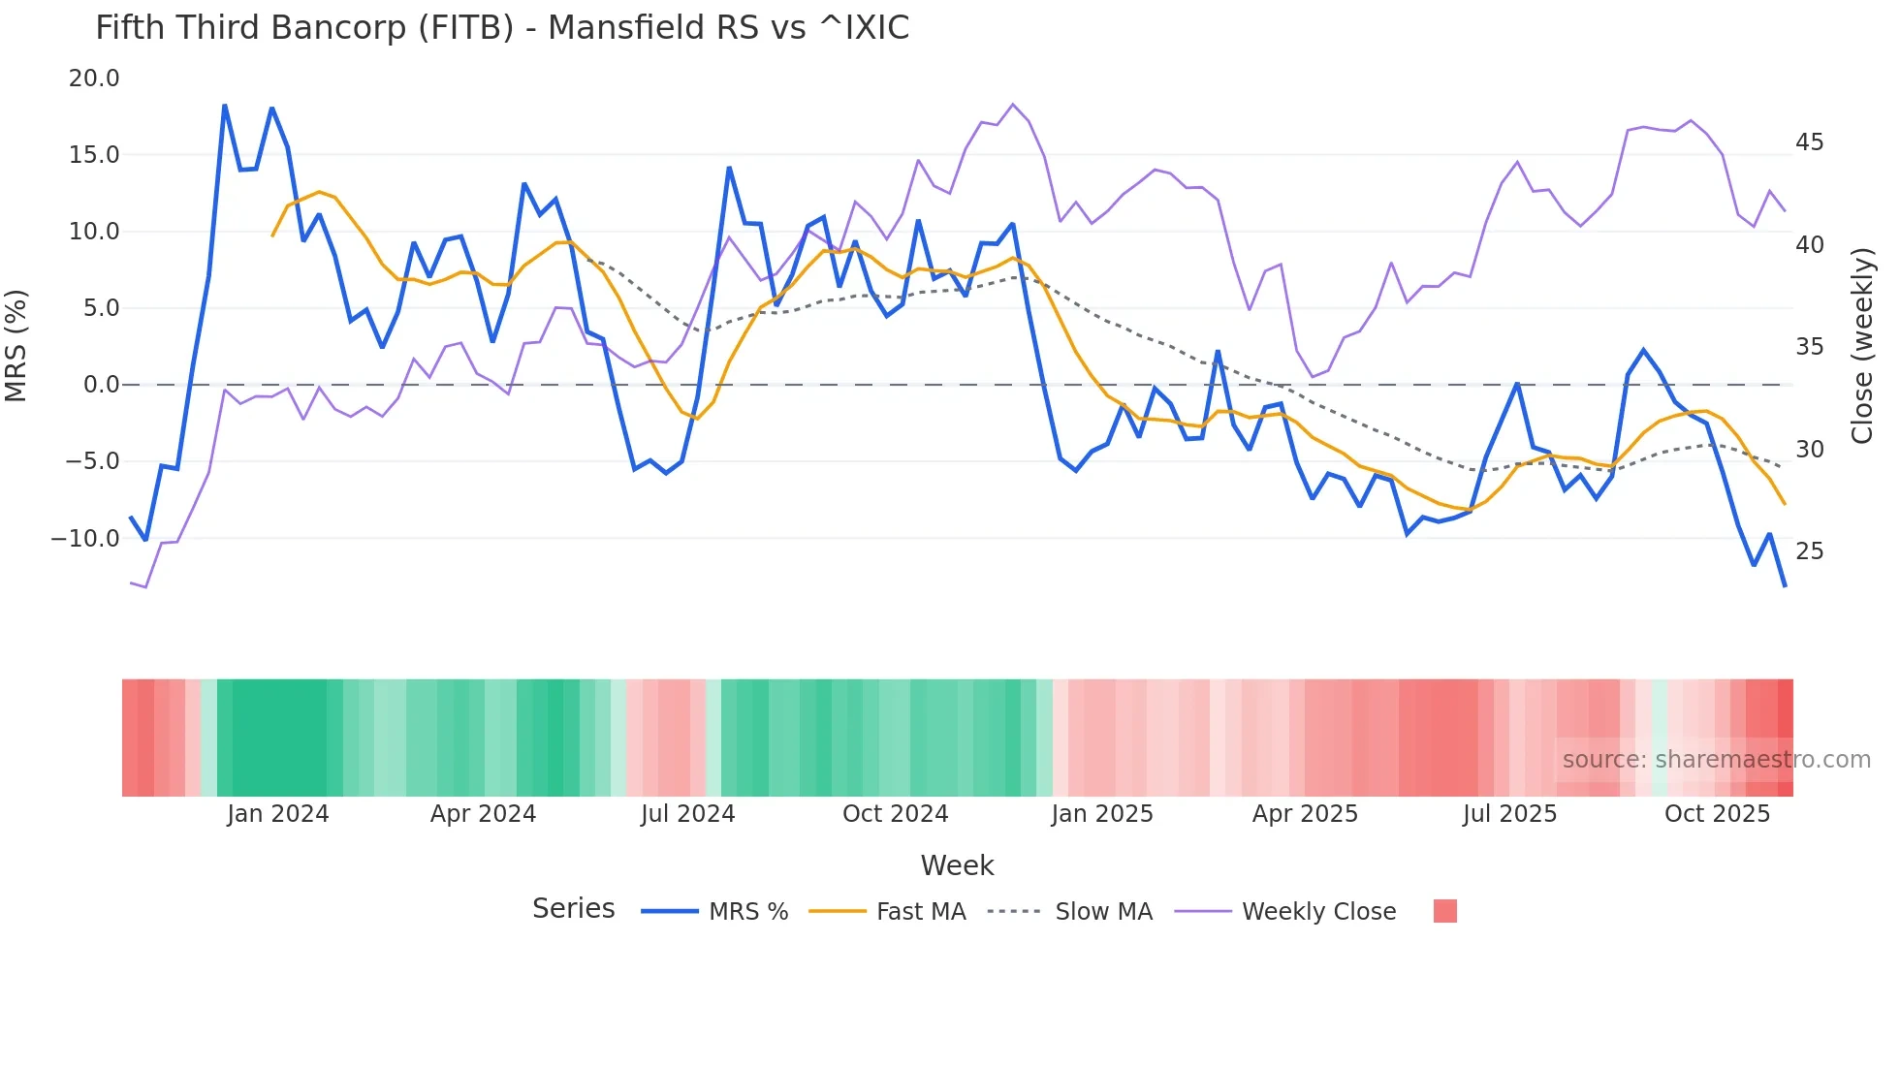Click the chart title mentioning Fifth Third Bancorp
point(502,28)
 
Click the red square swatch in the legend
point(1444,911)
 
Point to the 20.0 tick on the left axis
point(94,79)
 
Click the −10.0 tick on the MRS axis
point(86,539)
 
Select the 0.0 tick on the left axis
point(102,385)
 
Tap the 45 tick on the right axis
point(1809,142)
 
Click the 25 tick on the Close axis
point(1809,551)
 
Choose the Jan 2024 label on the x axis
point(278,814)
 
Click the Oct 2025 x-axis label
point(1717,814)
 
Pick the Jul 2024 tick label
point(687,814)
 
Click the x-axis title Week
point(957,865)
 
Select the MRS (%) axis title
point(16,345)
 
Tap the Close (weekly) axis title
point(1861,346)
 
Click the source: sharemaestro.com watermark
point(1716,760)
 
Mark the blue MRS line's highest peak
point(225,106)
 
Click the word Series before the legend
point(573,909)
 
